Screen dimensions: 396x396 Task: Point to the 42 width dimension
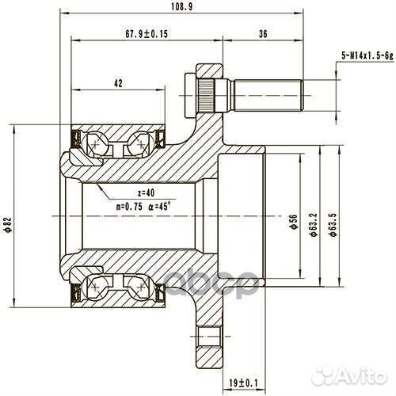117,82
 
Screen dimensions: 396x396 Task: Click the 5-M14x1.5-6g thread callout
367,53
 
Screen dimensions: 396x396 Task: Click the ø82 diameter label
7,226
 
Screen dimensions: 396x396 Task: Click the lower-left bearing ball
97,282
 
